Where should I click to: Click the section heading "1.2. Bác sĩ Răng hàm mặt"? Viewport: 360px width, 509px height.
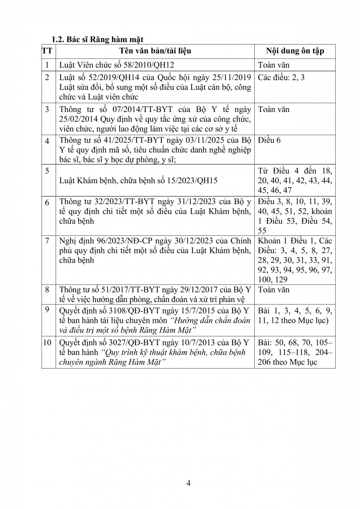tap(97, 39)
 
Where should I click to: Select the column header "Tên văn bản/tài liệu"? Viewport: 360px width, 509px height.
tap(155, 51)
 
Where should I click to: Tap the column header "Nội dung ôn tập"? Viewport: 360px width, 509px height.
tap(295, 51)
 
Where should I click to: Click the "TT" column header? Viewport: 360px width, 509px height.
tap(48, 51)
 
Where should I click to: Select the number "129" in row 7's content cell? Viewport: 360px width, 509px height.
tap(281, 280)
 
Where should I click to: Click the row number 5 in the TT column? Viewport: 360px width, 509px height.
tap(48, 171)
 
